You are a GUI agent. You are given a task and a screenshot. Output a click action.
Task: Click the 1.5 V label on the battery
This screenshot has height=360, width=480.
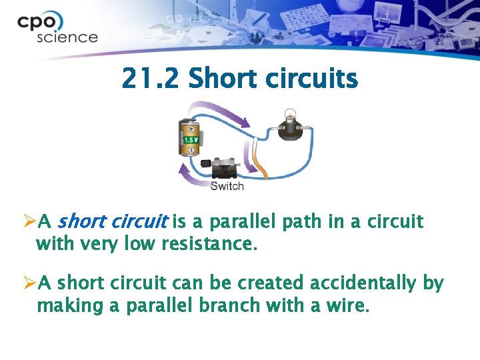[x=190, y=140]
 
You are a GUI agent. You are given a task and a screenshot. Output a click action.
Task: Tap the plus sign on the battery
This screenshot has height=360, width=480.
[x=191, y=127]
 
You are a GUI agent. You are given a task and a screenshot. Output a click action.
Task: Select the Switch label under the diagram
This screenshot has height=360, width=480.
[x=227, y=186]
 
